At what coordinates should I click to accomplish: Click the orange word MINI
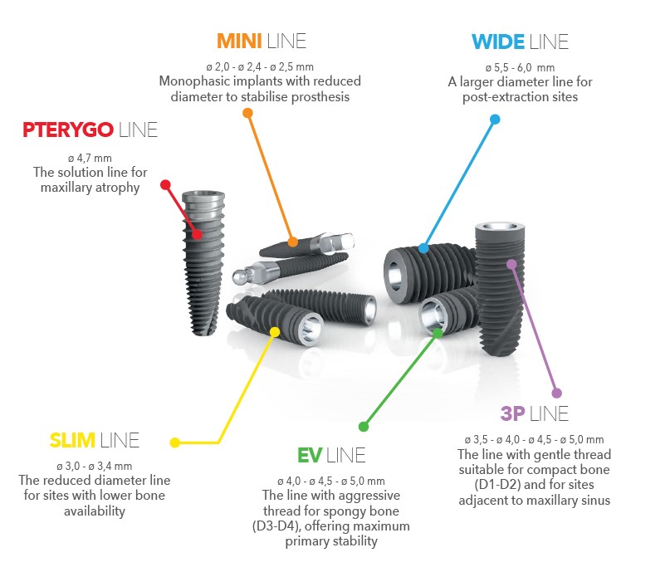tap(240, 41)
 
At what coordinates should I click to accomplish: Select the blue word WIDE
tap(498, 41)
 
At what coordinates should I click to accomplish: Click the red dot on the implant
tap(197, 234)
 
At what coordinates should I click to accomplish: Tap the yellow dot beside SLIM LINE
tap(174, 442)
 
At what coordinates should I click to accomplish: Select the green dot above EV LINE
tap(363, 427)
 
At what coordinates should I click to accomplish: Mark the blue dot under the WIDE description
tap(495, 120)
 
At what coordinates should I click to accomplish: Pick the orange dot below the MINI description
tap(247, 112)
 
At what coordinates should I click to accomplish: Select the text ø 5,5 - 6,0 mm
tap(519, 66)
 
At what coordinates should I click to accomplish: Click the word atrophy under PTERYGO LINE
tap(120, 188)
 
